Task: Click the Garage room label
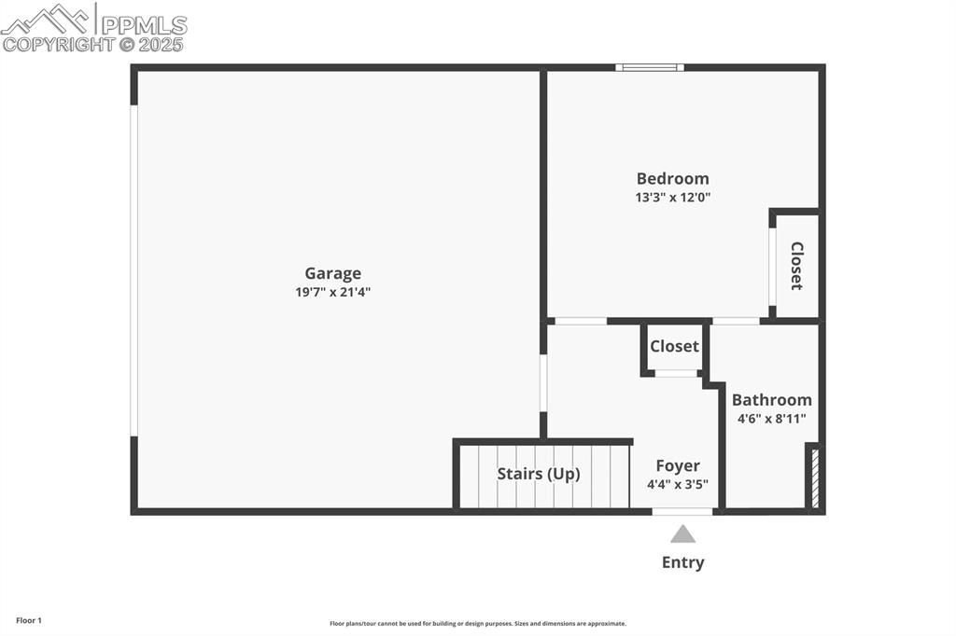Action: pos(332,273)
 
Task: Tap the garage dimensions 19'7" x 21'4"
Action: pos(333,292)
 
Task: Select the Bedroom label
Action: pos(672,178)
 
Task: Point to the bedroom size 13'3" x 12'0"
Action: pos(672,198)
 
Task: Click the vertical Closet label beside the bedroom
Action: pos(796,266)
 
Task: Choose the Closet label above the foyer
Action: pos(674,346)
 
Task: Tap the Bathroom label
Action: pos(771,400)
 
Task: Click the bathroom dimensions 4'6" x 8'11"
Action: pos(771,419)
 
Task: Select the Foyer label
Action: pos(677,466)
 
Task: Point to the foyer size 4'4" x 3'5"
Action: pos(677,484)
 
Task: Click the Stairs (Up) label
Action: pos(538,474)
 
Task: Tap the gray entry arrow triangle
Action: pos(682,534)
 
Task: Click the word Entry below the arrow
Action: pos(682,562)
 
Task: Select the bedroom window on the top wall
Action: pos(650,67)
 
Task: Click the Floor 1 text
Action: pos(29,620)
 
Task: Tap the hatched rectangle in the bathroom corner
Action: pos(815,478)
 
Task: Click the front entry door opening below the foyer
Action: pos(682,511)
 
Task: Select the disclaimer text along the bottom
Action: pos(477,624)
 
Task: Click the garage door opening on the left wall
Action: pos(134,270)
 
